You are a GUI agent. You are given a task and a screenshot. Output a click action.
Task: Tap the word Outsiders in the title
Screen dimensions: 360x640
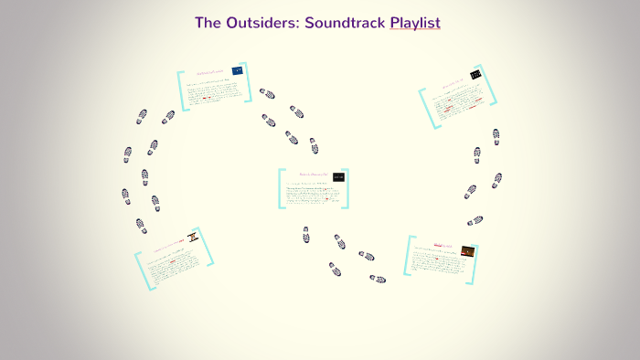click(263, 23)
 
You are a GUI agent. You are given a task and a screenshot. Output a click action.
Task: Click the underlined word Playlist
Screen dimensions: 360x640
click(415, 23)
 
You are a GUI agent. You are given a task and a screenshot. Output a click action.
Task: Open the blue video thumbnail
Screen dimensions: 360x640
click(238, 70)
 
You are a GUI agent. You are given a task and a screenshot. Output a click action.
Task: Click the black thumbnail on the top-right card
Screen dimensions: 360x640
click(475, 74)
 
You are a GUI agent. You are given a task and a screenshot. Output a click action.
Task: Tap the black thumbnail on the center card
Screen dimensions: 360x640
click(339, 176)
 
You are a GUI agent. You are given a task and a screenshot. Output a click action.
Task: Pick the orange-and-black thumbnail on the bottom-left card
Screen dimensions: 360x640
click(193, 238)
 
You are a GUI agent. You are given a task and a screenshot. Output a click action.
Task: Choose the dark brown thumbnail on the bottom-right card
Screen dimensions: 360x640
click(468, 249)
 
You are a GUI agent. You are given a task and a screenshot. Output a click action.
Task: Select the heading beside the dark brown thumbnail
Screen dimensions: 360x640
click(443, 245)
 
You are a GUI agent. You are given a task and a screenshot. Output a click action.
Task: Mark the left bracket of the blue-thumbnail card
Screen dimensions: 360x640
click(182, 90)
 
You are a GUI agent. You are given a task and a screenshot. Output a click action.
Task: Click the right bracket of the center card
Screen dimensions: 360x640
click(347, 188)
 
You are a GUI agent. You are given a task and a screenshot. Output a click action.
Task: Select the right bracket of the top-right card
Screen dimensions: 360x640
click(495, 89)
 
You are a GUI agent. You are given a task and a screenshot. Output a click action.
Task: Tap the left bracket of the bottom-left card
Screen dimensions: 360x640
click(141, 271)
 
